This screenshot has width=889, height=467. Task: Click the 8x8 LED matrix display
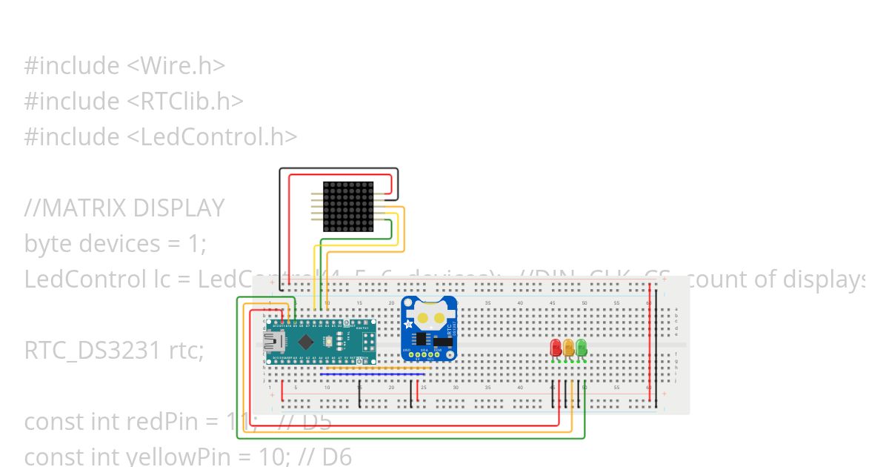(348, 206)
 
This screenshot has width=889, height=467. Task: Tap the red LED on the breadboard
(556, 348)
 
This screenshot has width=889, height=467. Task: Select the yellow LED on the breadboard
(568, 348)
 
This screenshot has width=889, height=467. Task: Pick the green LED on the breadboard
(582, 347)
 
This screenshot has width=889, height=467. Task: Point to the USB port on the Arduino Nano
(272, 342)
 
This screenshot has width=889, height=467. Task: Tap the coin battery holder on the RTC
(430, 317)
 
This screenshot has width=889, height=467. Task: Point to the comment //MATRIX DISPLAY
(124, 208)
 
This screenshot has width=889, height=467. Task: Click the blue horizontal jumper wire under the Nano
(370, 374)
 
